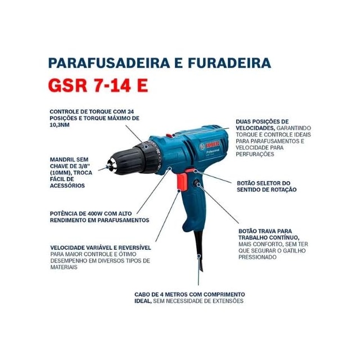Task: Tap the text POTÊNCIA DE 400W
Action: coord(77,213)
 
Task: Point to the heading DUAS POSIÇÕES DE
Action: coord(263,121)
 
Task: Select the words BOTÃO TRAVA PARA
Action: coord(265,231)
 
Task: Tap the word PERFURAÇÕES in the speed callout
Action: coord(259,154)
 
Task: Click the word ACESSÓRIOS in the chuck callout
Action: coord(69,186)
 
